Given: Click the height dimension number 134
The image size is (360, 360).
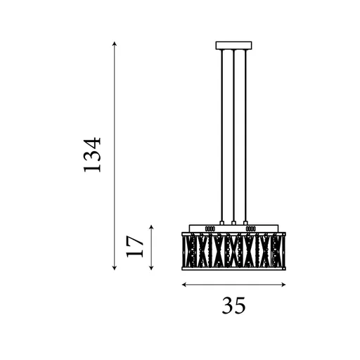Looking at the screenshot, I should tap(93, 155).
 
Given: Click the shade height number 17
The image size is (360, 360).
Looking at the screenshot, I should tap(136, 245).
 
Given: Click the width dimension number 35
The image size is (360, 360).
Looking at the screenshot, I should tap(234, 306).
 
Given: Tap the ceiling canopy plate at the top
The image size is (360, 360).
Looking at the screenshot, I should tap(233, 46).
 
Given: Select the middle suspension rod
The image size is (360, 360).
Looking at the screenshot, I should tap(233, 134).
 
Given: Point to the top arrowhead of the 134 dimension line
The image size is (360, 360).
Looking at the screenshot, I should tap(114, 44).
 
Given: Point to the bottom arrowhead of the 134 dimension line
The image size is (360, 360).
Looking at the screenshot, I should tap(114, 269).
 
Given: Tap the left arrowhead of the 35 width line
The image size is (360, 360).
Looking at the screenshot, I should tap(184, 285).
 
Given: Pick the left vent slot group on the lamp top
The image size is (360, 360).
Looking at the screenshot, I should tap(210, 229).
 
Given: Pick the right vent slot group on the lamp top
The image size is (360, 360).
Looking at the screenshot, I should tap(250, 229).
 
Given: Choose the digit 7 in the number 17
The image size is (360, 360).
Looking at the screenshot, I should tap(136, 239).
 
